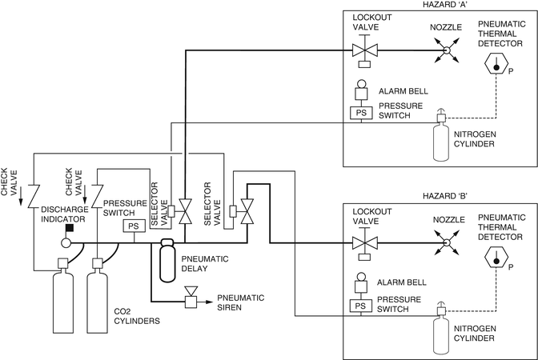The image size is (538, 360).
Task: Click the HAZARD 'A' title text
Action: coord(439,5)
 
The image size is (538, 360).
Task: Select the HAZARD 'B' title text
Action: coord(439,196)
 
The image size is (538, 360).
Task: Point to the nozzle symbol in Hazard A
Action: coord(447,52)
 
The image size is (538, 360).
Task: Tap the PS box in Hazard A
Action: coord(360,113)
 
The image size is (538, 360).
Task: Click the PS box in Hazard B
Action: coord(360,305)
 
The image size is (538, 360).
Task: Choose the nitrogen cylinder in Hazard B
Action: coord(440,332)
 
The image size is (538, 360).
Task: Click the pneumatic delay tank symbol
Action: coord(167,260)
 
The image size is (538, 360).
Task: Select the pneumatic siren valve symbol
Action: coord(191,302)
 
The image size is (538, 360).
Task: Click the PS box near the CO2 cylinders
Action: coord(132,226)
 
